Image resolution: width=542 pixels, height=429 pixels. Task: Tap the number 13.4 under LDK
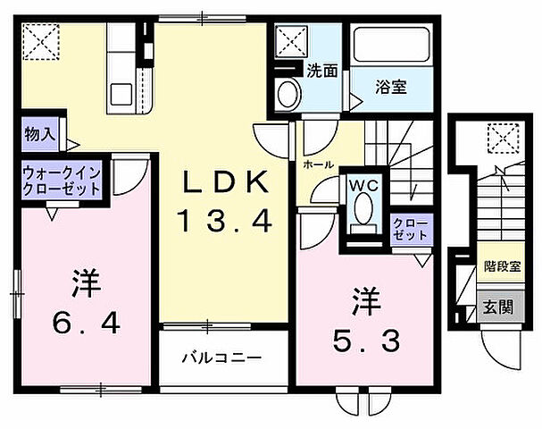(224, 220)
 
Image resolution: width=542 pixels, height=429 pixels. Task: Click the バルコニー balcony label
(221, 357)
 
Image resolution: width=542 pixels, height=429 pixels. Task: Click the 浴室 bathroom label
(391, 88)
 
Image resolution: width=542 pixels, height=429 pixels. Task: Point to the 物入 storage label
(40, 136)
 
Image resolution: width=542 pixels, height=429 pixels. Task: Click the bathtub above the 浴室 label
(391, 45)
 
